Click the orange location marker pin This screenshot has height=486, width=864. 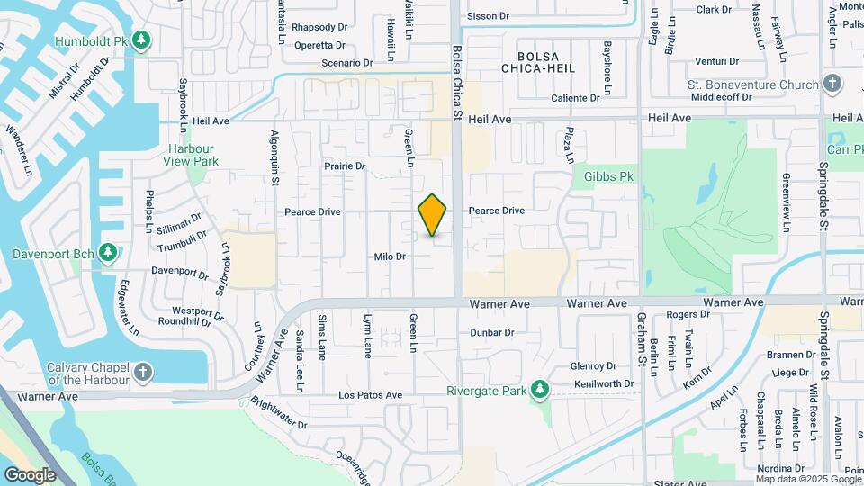point(433,215)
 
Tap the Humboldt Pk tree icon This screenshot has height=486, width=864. point(141,40)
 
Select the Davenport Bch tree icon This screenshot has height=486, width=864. point(108,252)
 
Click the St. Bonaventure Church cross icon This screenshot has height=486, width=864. point(832,85)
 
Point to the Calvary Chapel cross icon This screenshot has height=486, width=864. point(142,372)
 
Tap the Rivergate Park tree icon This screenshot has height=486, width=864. point(540,389)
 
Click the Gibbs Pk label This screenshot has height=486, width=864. point(609,176)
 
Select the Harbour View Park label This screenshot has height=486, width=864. point(191,155)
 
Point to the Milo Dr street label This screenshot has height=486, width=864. point(391,256)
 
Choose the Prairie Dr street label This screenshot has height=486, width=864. point(345,166)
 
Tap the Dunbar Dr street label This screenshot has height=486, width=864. point(491,332)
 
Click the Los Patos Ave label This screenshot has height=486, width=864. point(370,395)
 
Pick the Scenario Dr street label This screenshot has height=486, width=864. point(347,63)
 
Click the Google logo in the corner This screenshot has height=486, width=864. point(31,474)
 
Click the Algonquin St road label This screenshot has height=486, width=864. point(274,157)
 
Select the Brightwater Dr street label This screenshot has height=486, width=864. point(279,414)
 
